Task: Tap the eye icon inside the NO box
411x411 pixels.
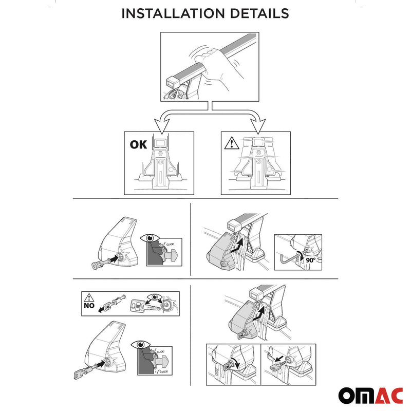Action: [x=155, y=297]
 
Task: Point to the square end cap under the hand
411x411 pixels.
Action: [x=173, y=81]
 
